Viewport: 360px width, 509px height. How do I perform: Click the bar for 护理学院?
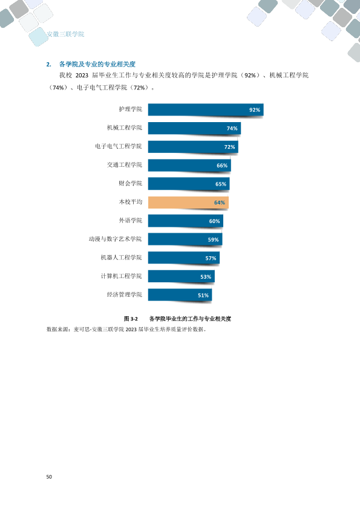206,109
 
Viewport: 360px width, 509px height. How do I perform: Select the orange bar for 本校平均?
188,203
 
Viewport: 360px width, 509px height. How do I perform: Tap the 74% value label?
232,128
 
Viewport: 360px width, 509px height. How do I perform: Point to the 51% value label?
203,295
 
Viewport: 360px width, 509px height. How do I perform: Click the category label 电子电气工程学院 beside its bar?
119,146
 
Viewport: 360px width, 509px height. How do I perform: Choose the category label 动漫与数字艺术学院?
116,239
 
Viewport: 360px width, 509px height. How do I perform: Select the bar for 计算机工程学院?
182,276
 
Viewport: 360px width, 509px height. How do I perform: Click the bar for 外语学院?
186,221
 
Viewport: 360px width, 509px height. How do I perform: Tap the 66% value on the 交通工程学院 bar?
222,166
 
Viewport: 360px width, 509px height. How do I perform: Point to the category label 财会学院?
131,183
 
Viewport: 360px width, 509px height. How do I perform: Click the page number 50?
49,476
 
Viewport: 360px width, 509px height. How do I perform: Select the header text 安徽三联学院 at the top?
65,34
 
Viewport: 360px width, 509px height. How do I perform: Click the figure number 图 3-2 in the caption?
131,319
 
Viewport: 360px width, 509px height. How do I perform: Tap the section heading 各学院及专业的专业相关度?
97,64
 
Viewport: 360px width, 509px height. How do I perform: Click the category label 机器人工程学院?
122,258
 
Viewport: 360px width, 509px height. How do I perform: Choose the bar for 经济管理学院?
180,295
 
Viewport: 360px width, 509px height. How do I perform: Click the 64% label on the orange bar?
219,203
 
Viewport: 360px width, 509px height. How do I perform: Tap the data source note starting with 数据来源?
126,329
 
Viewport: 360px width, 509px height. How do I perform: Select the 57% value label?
211,258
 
